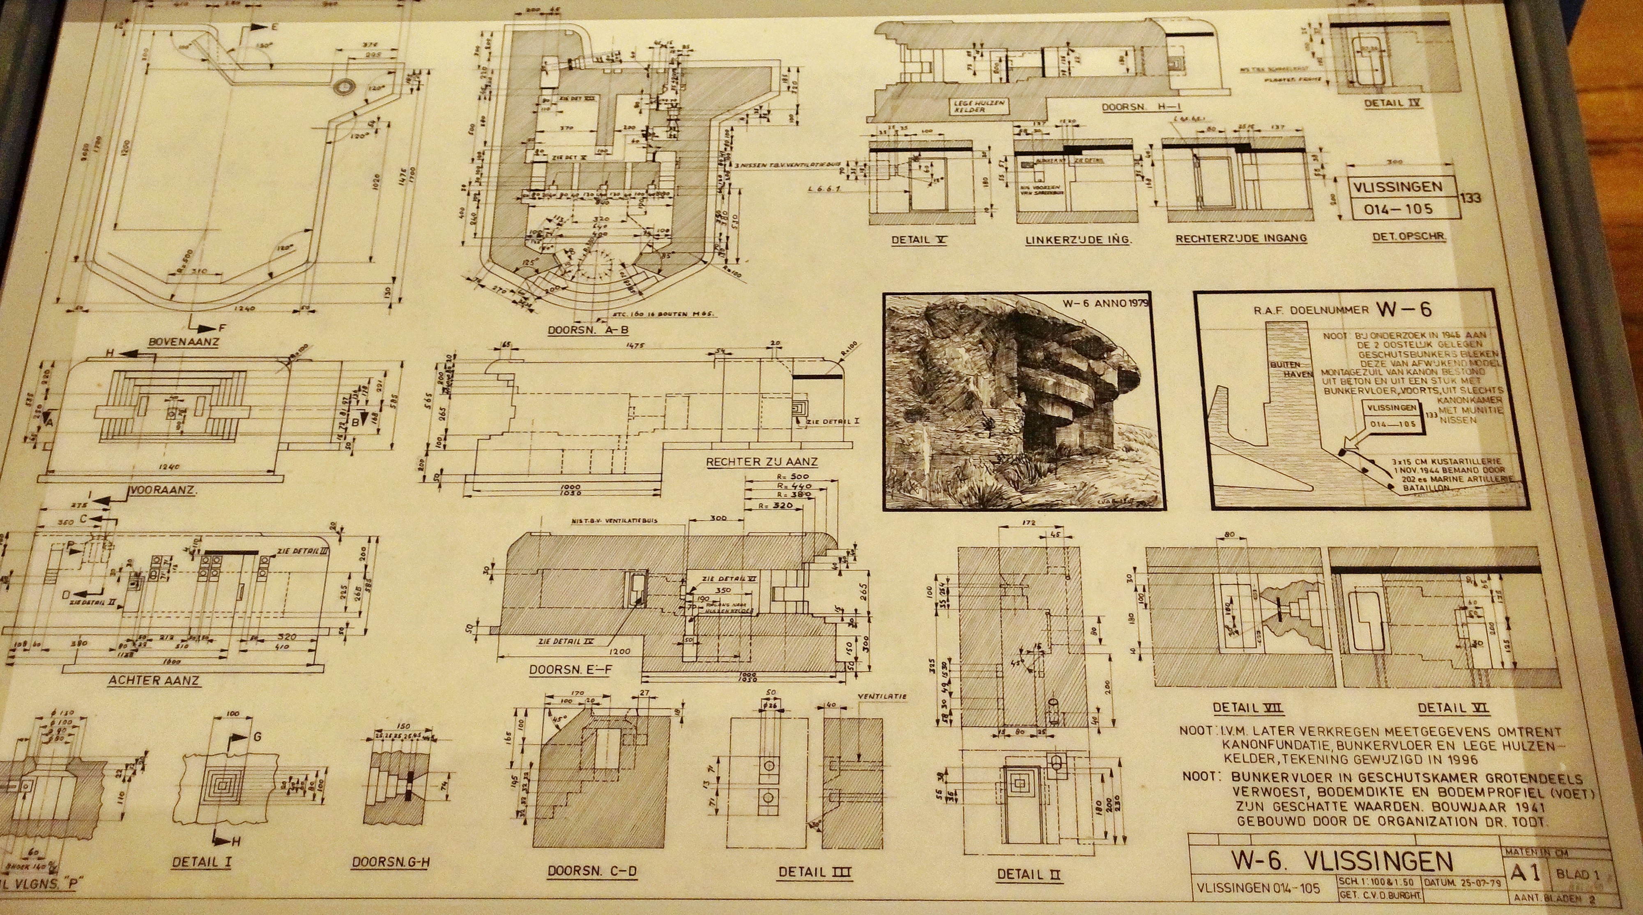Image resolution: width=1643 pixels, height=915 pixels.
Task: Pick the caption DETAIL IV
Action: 1393,103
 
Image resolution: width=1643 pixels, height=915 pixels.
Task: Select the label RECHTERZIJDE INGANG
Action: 1240,238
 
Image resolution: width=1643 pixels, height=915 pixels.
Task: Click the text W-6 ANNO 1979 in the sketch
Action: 1100,303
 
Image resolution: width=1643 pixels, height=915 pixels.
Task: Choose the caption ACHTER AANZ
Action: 154,680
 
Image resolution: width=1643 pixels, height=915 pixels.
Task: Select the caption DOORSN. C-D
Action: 592,871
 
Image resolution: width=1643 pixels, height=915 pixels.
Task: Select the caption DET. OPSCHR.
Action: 1408,236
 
